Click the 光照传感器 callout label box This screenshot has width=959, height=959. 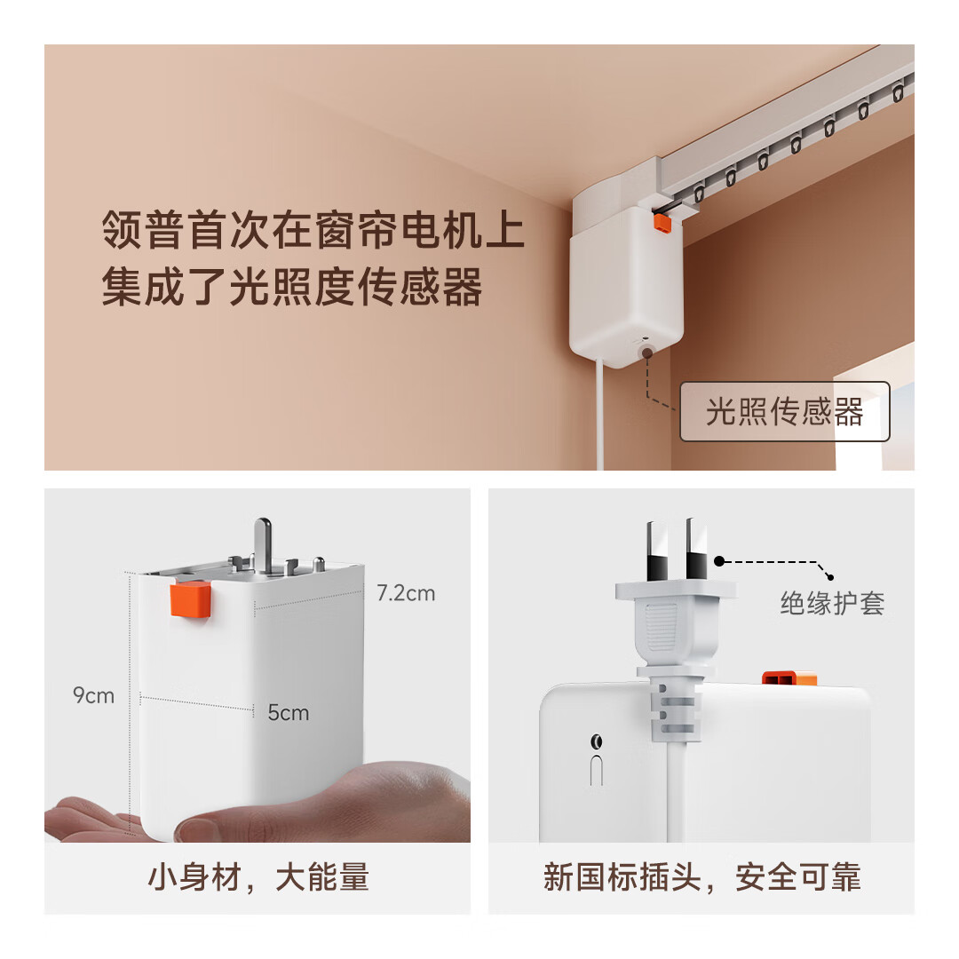click(785, 412)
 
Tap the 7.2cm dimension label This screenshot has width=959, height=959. click(406, 593)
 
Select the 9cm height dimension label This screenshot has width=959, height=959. click(93, 695)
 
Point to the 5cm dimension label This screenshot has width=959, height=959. click(288, 712)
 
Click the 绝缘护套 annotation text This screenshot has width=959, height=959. click(832, 603)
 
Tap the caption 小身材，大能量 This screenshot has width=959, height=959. click(258, 877)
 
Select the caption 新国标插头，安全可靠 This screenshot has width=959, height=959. click(701, 877)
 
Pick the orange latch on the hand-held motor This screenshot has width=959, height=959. click(190, 599)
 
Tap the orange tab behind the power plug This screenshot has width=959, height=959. click(789, 678)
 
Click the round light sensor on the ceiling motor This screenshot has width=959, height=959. click(646, 353)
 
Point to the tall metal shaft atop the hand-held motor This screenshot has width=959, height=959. click(263, 545)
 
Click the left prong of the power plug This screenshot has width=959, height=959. click(658, 551)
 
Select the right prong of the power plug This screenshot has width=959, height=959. click(697, 549)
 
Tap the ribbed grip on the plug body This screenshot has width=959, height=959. click(661, 627)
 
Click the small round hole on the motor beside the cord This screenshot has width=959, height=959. click(596, 742)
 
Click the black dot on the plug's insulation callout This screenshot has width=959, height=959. click(719, 561)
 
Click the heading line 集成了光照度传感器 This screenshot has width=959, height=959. click(292, 287)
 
